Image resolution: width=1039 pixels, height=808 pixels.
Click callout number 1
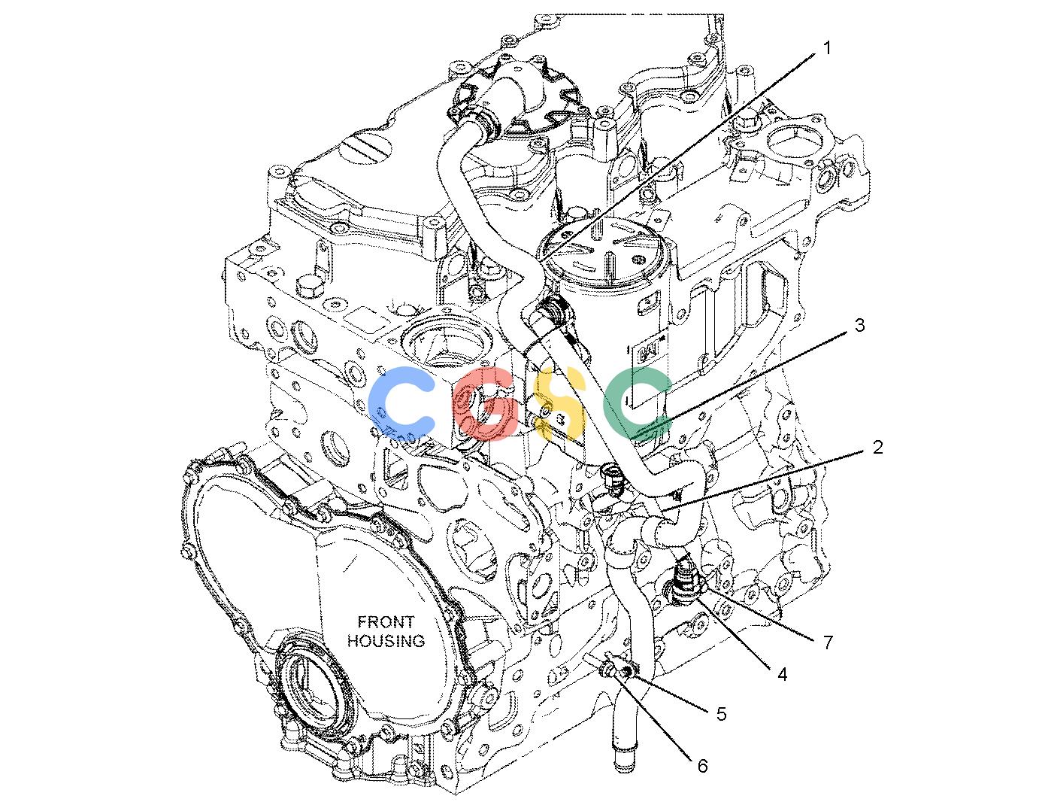coord(827,48)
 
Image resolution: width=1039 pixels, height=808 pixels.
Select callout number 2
coord(877,448)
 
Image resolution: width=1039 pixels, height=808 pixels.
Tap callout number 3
coord(859,325)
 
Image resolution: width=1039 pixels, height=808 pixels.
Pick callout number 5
coord(722,714)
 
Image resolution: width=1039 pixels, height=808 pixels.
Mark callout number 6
coord(702,767)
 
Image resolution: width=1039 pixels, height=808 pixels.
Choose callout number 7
coord(828,642)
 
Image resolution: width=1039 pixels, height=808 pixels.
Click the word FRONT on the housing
coord(386,622)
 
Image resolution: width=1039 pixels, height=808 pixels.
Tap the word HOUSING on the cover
coord(386,640)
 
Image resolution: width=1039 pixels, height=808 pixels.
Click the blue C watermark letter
coord(401,402)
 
